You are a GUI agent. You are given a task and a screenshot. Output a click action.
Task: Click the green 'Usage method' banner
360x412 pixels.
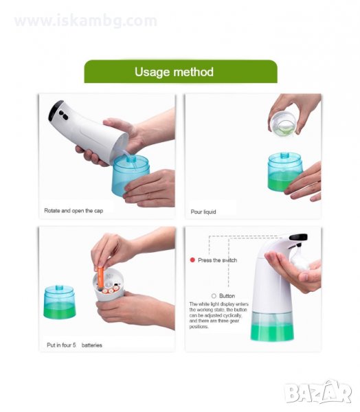(181, 71)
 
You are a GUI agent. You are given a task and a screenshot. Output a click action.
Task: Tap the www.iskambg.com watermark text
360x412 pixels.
(86, 21)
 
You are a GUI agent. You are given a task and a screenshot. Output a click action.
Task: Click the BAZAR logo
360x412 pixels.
(318, 392)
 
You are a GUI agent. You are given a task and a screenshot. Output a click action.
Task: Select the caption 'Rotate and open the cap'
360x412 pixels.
(74, 211)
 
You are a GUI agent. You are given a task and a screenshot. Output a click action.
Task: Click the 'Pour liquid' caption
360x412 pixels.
(203, 211)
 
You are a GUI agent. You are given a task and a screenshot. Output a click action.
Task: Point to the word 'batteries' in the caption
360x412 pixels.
(92, 345)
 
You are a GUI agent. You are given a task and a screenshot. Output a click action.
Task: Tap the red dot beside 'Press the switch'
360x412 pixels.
(192, 260)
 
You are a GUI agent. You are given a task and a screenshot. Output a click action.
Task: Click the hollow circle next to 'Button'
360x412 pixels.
(214, 296)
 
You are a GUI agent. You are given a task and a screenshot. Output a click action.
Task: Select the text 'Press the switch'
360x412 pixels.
(218, 260)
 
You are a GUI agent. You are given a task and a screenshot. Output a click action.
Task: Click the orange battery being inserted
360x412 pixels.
(100, 278)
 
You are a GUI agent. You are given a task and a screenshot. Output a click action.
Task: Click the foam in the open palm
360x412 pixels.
(300, 258)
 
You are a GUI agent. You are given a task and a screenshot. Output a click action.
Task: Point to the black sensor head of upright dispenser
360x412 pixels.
(298, 238)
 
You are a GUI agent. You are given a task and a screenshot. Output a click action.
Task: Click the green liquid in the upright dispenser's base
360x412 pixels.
(272, 332)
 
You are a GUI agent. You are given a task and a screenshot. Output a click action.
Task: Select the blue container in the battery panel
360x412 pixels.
(60, 302)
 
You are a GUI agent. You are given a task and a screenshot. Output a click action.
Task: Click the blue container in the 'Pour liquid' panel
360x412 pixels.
(284, 172)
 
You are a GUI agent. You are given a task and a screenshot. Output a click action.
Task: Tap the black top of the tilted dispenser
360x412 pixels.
(55, 110)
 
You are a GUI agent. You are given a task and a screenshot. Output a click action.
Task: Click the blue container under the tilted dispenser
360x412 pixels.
(130, 175)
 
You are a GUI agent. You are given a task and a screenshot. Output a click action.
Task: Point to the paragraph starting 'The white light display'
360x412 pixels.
(218, 315)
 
